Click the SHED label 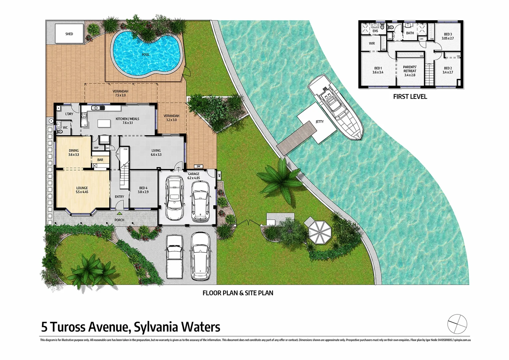click(x=69, y=34)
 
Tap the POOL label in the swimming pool click(x=146, y=55)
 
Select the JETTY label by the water click(x=319, y=122)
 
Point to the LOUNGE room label click(x=82, y=190)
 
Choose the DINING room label click(x=74, y=152)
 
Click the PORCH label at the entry click(x=119, y=220)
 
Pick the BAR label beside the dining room click(x=100, y=160)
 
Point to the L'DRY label click(x=69, y=114)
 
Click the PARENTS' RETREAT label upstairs click(x=410, y=71)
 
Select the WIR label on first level click(x=372, y=43)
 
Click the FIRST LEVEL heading click(x=410, y=97)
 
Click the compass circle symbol click(x=457, y=324)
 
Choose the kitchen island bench click(x=104, y=123)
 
